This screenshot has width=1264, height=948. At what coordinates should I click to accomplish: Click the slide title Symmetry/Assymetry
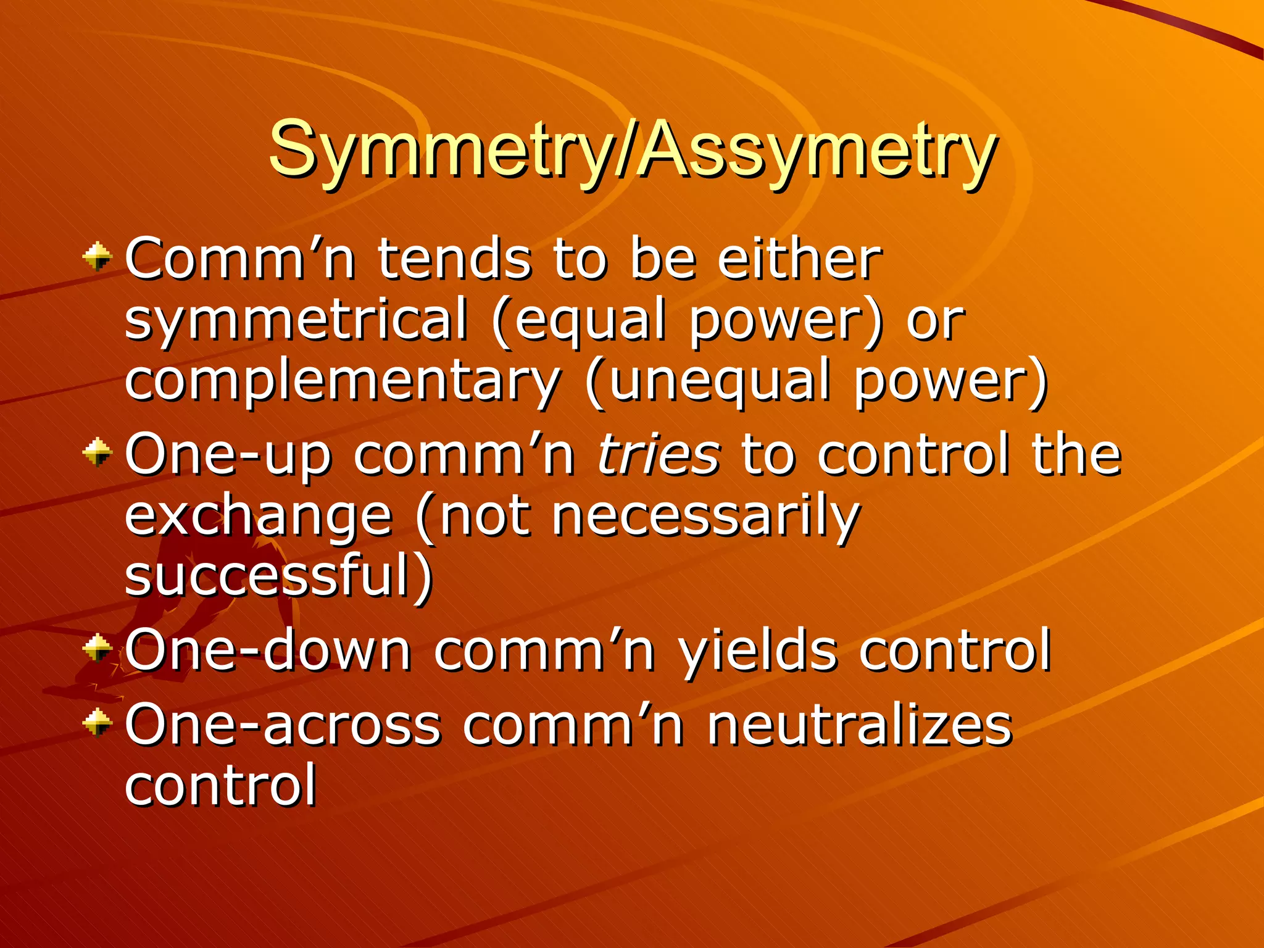[632, 149]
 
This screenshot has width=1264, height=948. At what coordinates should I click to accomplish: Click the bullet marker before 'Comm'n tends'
[98, 256]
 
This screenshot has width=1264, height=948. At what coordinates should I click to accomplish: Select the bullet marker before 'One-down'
[98, 648]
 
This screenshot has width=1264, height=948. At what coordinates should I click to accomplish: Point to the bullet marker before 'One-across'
[98, 722]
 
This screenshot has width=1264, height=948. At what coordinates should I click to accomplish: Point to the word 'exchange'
[258, 517]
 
